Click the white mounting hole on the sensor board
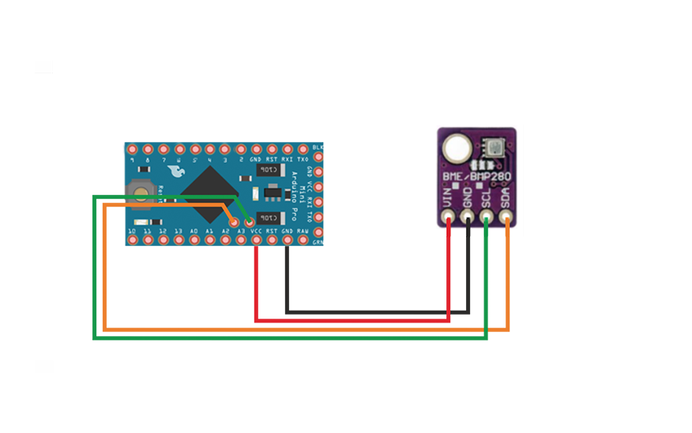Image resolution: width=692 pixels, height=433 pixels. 455,146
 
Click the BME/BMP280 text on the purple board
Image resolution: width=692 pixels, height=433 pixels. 476,177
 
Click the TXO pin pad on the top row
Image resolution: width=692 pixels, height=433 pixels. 303,149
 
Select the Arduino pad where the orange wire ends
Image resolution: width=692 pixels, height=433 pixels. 233,222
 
